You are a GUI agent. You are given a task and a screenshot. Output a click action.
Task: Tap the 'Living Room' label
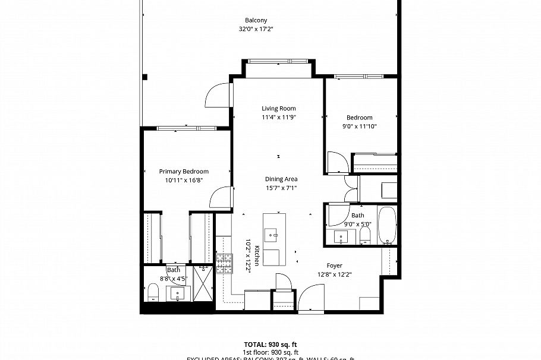pos(279,108)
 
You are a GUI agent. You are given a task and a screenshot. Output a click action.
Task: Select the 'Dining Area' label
pos(281,179)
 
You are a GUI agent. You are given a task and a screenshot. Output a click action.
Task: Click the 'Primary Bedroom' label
pos(183,171)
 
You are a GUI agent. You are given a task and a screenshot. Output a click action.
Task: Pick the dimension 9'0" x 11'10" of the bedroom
pos(359,126)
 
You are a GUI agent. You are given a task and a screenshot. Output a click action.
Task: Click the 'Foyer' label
pos(334,266)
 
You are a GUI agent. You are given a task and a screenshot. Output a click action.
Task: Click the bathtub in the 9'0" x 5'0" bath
pos(386,226)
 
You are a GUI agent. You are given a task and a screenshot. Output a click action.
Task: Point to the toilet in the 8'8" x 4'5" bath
pos(152,292)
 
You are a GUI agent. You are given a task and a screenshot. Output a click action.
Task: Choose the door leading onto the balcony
pos(218,94)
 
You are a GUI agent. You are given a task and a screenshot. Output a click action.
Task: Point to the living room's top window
pos(278,60)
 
